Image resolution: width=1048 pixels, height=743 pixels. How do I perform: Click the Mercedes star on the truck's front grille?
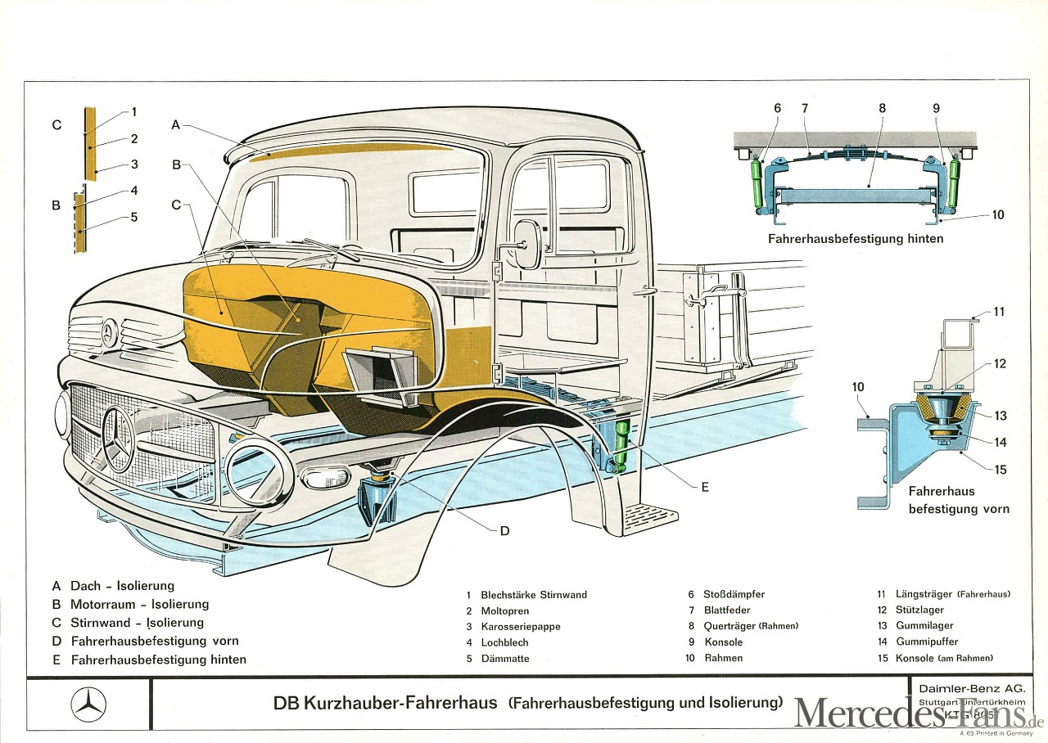point(117,438)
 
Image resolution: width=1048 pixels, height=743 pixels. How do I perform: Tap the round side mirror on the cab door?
point(527,244)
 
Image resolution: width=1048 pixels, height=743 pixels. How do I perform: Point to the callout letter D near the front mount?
point(504,530)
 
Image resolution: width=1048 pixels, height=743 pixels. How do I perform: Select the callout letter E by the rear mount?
point(704,486)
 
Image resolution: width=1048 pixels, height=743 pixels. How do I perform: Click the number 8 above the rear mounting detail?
point(883,108)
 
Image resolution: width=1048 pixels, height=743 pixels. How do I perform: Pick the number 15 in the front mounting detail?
point(1001,470)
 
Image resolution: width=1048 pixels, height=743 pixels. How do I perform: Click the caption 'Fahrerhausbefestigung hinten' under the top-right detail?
point(856,239)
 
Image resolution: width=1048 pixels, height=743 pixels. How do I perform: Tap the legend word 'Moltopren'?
point(505,611)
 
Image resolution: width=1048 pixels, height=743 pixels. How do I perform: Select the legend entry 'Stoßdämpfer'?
point(734,595)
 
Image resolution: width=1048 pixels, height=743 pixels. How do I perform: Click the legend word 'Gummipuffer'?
point(927,642)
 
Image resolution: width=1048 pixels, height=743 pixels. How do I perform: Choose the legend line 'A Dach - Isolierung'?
point(113,586)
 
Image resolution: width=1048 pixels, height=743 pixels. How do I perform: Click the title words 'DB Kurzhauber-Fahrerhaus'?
point(385,703)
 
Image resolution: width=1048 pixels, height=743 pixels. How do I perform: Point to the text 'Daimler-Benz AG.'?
point(971,688)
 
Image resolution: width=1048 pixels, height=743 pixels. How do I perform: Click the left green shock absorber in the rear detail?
point(757,183)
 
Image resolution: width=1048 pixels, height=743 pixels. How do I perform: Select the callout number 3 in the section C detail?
point(134,164)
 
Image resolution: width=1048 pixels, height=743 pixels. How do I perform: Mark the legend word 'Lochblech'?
point(504,643)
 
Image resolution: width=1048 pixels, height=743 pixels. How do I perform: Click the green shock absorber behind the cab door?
point(622,442)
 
